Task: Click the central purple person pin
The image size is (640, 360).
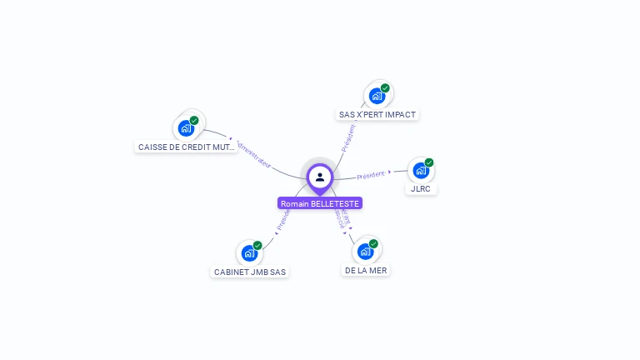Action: coord(320,177)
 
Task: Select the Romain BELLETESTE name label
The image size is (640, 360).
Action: coord(320,203)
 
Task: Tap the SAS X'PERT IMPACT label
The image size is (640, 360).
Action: coord(377,114)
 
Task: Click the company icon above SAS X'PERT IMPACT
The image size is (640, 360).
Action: coord(377,96)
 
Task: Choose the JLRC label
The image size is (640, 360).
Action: coord(421,188)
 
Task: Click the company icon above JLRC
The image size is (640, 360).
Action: coord(421,171)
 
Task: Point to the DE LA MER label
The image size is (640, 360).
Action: coord(366,270)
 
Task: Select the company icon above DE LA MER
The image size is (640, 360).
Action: coord(365,252)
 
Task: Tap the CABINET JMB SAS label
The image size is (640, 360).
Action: coord(250,272)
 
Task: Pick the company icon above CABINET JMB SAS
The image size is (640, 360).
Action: coord(249,253)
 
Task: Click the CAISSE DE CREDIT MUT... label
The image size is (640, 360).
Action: coord(187,147)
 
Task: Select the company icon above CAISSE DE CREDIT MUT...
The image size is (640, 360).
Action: coord(186,128)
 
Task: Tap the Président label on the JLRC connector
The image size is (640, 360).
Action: coord(371,175)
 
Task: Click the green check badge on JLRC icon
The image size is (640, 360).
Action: coord(429,162)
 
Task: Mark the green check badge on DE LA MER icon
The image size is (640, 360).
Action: coord(373,243)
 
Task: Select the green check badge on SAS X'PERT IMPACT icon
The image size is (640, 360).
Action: coord(385,87)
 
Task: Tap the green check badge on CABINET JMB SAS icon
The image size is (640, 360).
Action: coord(257,245)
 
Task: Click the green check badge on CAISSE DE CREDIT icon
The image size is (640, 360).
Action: coord(194,120)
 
